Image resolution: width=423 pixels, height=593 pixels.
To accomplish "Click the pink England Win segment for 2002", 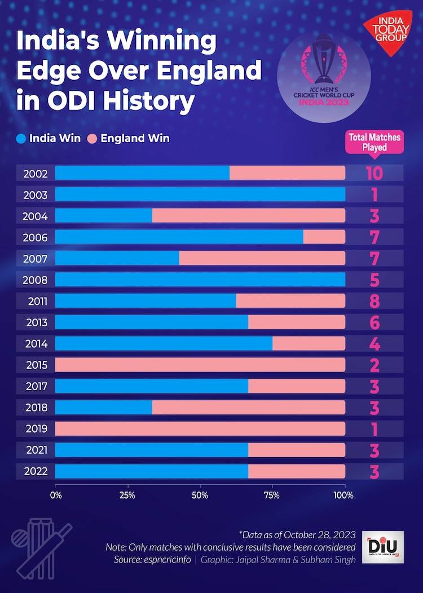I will click(x=287, y=173).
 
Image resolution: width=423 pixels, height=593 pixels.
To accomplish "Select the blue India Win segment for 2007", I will click(x=117, y=258).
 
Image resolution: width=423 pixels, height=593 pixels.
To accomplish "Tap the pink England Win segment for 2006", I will click(x=324, y=237).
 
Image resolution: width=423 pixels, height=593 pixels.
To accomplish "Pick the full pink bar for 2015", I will click(x=200, y=365).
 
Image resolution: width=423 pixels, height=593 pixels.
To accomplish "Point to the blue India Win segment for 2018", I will click(x=103, y=407).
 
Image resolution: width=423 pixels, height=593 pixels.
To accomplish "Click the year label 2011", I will click(x=36, y=301).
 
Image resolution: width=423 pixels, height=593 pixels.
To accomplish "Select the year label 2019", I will click(x=36, y=428).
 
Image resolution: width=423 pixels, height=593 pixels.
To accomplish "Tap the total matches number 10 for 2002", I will click(x=374, y=174).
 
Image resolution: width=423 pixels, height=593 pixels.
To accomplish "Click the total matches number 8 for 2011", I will click(x=374, y=302).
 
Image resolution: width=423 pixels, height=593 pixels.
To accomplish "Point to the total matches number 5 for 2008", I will click(x=374, y=280).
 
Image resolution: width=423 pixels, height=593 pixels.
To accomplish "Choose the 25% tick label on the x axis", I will click(x=127, y=495).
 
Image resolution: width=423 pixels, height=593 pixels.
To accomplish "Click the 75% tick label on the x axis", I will click(x=272, y=495).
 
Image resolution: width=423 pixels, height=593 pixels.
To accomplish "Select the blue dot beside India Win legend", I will click(x=21, y=138).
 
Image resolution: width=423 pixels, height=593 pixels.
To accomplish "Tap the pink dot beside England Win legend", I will click(x=92, y=138).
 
